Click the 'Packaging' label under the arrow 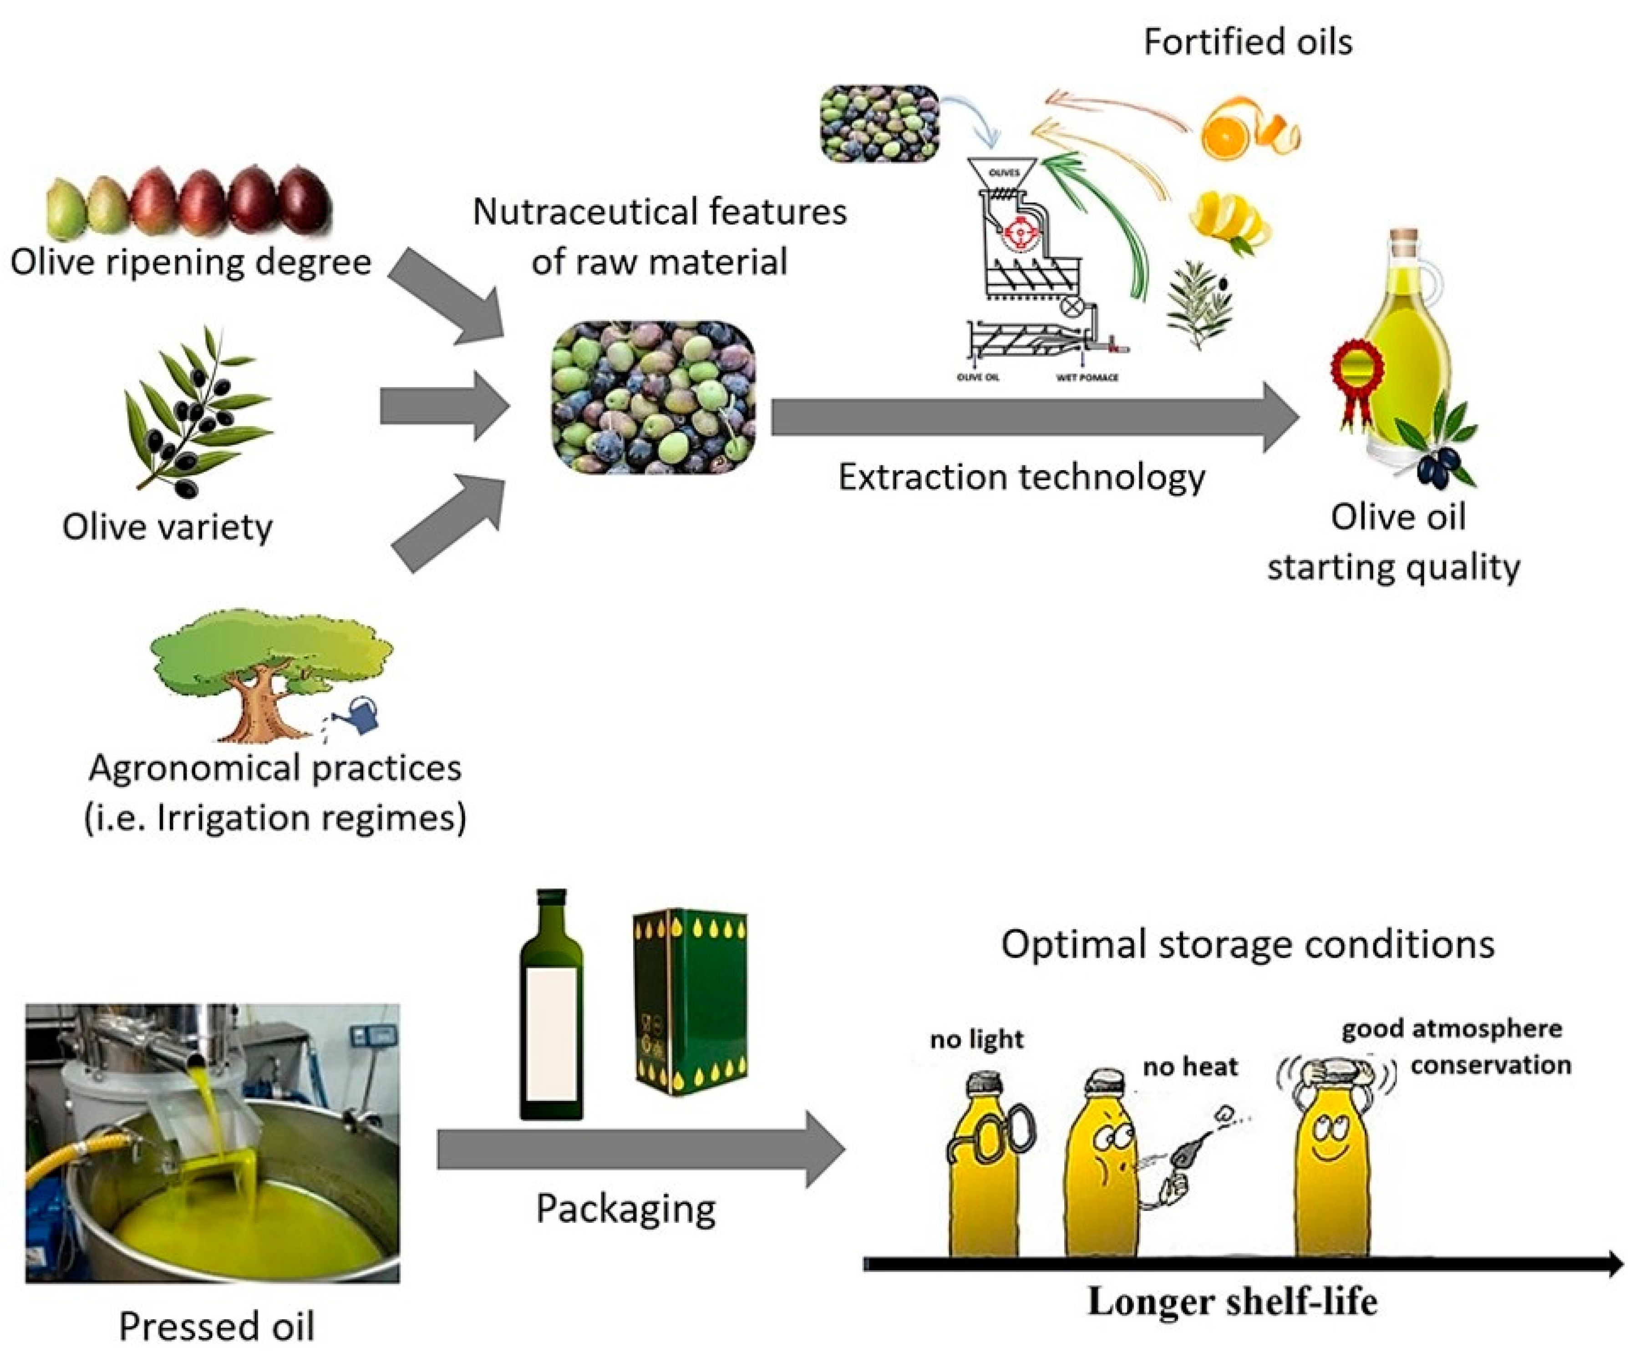pyautogui.click(x=626, y=1209)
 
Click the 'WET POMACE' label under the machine pyautogui.click(x=1087, y=378)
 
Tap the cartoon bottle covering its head pyautogui.click(x=1333, y=1152)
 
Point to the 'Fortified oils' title pyautogui.click(x=1247, y=41)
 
